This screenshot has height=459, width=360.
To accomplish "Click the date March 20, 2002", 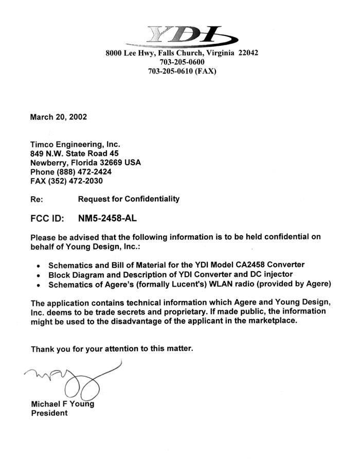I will click(59, 117).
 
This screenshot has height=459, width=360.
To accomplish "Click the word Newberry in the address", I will click(49, 162).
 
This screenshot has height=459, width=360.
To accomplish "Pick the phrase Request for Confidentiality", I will click(129, 199).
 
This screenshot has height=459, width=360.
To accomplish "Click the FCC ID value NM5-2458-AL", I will click(108, 218).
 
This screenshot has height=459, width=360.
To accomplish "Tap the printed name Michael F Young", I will click(63, 404).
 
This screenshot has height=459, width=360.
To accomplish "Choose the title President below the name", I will click(49, 413).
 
